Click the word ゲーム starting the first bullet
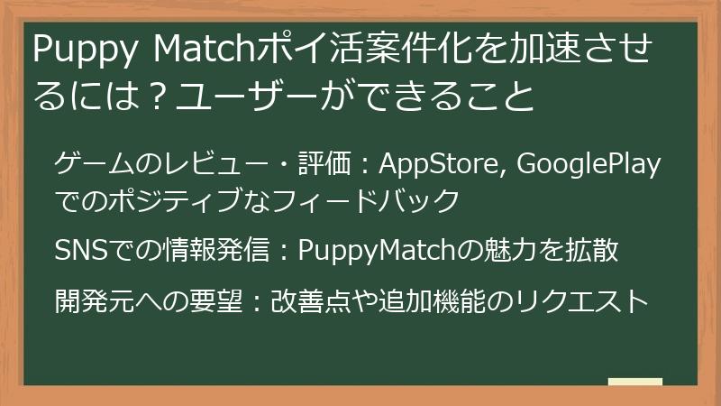(85, 166)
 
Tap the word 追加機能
(423, 300)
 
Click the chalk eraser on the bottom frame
(634, 382)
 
